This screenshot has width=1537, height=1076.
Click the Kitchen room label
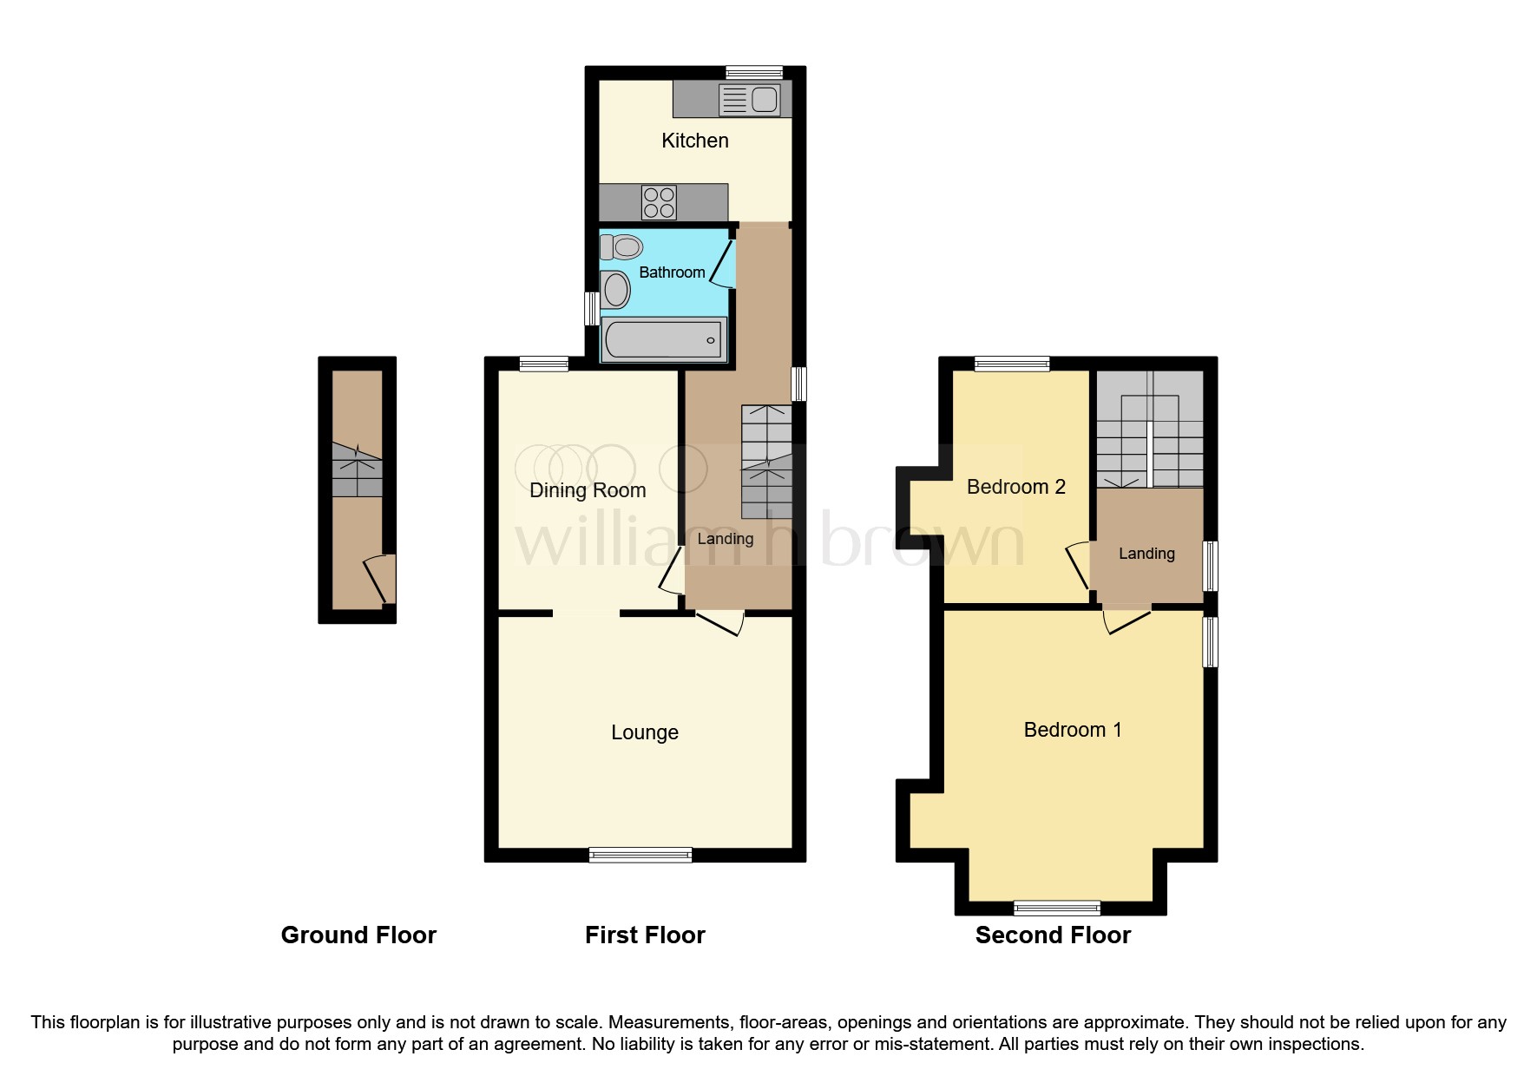click(x=694, y=141)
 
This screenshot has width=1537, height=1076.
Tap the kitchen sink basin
click(x=764, y=100)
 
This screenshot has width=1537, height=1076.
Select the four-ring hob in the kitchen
click(x=659, y=203)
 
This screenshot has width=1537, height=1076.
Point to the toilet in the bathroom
click(x=621, y=247)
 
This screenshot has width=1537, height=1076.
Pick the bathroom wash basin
click(x=616, y=290)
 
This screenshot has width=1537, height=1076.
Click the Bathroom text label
click(x=672, y=272)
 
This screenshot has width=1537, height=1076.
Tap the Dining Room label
click(x=588, y=490)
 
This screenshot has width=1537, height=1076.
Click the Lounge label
click(x=644, y=732)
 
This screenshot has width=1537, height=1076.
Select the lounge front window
click(x=640, y=855)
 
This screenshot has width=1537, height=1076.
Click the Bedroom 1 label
click(x=1072, y=730)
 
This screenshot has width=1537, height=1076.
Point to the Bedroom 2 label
click(x=1015, y=487)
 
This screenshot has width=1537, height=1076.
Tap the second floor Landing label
click(x=1146, y=554)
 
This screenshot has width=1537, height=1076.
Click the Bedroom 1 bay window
click(x=1057, y=909)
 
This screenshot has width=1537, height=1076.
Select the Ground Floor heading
click(x=358, y=935)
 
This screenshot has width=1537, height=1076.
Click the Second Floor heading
click(x=1053, y=935)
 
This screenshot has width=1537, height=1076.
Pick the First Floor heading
click(x=645, y=935)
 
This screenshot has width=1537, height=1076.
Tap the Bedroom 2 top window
click(x=1012, y=364)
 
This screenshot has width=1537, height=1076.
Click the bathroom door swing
click(x=723, y=263)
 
